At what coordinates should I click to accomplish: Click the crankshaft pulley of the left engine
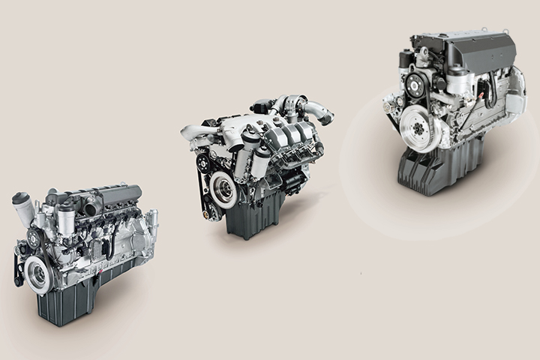pyautogui.click(x=37, y=274)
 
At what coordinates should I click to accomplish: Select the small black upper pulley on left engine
pyautogui.click(x=33, y=239)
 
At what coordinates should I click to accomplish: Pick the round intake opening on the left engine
pyautogui.click(x=93, y=207)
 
